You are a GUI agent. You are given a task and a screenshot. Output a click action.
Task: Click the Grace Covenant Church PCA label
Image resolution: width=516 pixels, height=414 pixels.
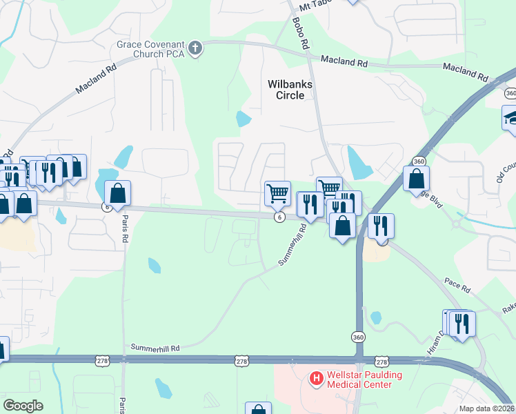[152, 48]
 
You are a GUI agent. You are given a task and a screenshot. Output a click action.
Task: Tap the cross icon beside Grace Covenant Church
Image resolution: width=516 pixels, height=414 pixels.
[195, 48]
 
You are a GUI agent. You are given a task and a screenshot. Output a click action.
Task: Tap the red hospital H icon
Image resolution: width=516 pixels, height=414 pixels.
[317, 378]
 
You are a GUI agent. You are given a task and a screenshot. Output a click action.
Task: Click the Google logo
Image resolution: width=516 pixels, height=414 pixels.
[23, 406]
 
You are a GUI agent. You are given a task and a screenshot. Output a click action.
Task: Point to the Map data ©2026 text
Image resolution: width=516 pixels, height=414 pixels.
[487, 408]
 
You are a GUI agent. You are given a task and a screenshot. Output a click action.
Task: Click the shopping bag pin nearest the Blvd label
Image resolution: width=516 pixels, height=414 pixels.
[417, 179]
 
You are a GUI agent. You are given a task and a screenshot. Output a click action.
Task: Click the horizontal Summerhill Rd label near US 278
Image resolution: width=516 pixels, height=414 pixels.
[155, 348]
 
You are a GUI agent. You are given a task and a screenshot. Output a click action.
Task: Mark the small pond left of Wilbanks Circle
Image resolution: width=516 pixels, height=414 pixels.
[243, 119]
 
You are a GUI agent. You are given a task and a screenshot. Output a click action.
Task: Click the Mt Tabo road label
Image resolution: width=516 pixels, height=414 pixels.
[315, 8]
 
